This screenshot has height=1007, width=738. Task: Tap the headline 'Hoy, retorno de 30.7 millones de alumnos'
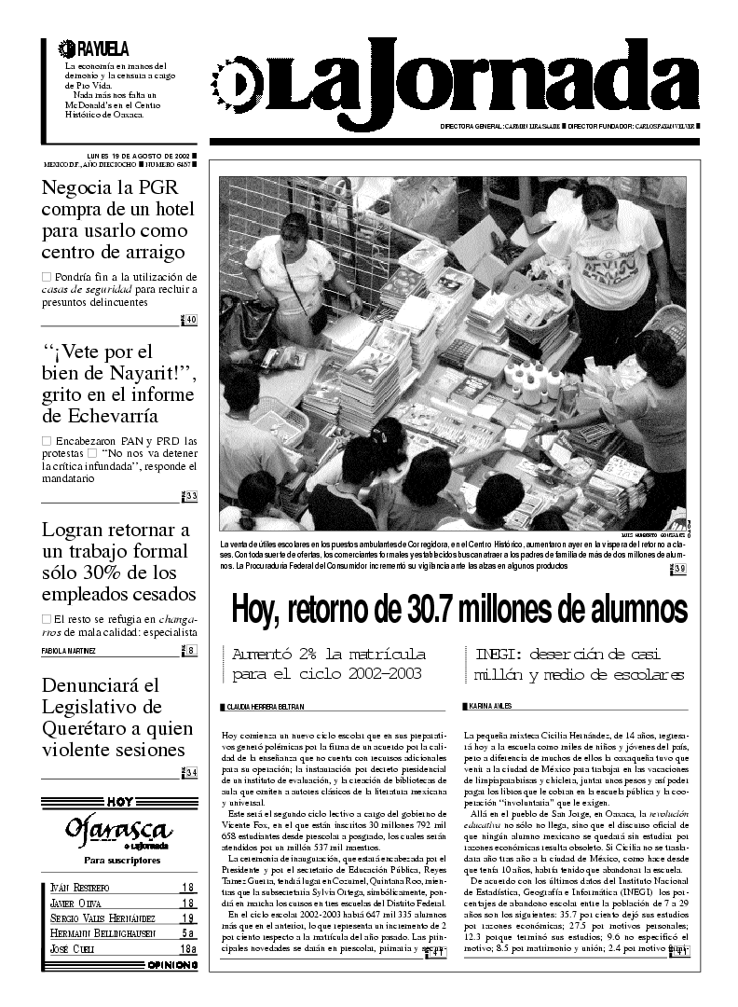pyautogui.click(x=458, y=610)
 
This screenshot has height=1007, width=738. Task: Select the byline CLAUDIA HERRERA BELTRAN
pyautogui.click(x=265, y=707)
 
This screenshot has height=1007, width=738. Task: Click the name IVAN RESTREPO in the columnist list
pyautogui.click(x=79, y=888)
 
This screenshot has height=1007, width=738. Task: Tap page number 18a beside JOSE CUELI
pyautogui.click(x=187, y=948)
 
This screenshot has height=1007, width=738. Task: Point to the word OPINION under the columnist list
pyautogui.click(x=171, y=966)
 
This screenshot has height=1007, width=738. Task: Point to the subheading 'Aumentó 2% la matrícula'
pyautogui.click(x=329, y=654)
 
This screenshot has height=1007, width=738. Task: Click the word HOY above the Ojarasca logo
pyautogui.click(x=118, y=801)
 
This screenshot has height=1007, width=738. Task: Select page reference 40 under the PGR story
pyautogui.click(x=189, y=321)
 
